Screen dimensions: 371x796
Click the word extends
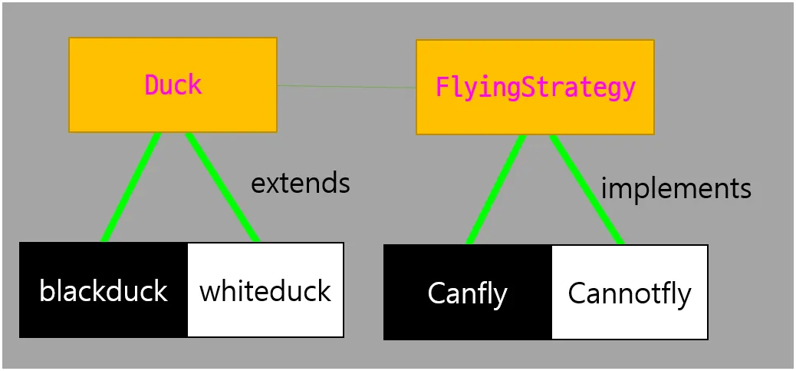point(301,184)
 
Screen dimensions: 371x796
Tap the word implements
point(676,187)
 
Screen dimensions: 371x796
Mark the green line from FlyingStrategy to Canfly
point(496,189)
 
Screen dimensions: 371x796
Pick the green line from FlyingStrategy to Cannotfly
point(587,189)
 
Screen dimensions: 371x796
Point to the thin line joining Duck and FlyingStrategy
point(347,86)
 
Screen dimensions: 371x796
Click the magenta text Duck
point(173,84)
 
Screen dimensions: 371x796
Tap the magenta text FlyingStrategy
point(535,88)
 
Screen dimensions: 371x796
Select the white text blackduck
point(104,291)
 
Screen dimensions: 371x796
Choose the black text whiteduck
point(265,291)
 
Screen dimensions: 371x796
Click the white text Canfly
point(467,293)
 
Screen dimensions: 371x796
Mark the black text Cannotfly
point(630,293)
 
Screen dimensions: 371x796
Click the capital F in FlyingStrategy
point(442,87)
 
